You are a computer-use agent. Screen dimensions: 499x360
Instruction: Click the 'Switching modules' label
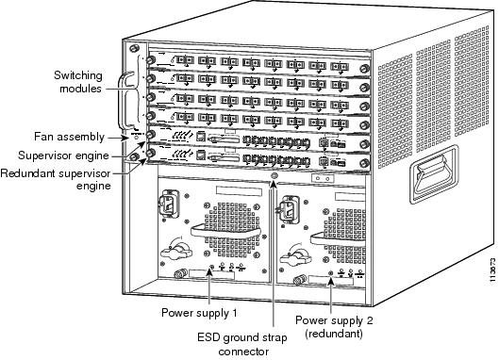tap(78, 82)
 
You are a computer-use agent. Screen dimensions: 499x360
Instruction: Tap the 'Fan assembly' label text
tap(69, 137)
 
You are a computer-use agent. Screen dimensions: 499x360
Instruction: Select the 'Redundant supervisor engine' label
tap(56, 179)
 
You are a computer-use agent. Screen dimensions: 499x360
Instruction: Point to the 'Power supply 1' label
tap(199, 313)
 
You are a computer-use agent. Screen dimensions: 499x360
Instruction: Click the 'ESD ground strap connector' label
tap(241, 344)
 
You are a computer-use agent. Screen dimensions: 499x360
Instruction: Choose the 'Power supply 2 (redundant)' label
tap(334, 327)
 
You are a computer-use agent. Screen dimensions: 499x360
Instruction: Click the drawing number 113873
tap(493, 270)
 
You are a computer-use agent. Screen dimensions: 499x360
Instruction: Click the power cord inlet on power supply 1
tap(169, 204)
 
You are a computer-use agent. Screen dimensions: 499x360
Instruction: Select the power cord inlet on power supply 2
tap(288, 209)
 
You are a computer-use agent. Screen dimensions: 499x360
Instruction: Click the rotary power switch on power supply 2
tap(295, 256)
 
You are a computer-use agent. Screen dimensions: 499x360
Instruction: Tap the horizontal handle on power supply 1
tap(225, 232)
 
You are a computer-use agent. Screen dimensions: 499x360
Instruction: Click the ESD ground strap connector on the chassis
tap(273, 176)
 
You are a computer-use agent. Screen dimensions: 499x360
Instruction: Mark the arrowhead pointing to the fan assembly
tap(127, 138)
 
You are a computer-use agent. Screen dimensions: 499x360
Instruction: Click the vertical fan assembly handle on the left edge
tap(123, 101)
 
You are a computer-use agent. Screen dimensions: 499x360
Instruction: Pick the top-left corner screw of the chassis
tap(134, 48)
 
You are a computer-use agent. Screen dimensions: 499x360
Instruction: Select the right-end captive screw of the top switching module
tap(364, 69)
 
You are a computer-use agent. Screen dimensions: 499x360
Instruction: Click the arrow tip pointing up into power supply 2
tap(331, 278)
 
